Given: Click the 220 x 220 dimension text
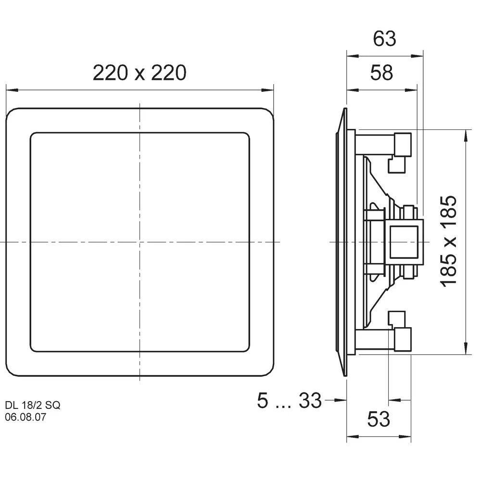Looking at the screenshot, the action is [139, 73].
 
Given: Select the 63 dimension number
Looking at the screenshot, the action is [384, 38].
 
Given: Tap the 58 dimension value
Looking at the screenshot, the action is [381, 73].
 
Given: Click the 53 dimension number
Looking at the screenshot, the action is [379, 419].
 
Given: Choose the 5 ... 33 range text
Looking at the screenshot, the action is [289, 400].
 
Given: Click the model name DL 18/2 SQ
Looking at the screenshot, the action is [33, 405].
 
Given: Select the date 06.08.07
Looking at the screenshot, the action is [25, 417].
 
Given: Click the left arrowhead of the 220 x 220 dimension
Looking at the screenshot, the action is [12, 90].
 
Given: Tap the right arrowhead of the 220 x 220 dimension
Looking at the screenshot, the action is [267, 90].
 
